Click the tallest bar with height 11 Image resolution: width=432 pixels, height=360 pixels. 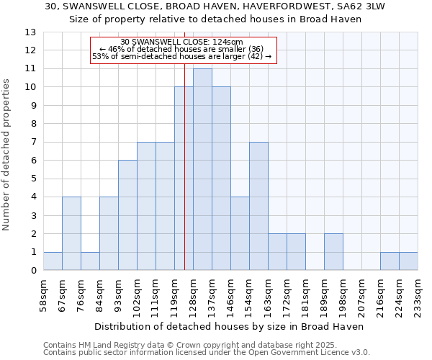(x=202, y=169)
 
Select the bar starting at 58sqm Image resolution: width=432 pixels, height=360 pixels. (x=53, y=261)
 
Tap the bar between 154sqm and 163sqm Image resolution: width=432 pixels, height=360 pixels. (x=258, y=206)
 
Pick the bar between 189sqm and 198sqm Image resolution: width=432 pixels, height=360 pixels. (x=333, y=252)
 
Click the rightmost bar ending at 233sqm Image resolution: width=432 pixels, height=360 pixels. (x=408, y=261)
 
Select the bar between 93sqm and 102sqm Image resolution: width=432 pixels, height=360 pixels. (x=127, y=215)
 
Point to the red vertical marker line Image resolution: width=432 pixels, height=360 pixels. (x=184, y=173)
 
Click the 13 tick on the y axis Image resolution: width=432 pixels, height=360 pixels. (x=30, y=32)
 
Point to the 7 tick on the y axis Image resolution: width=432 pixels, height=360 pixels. (x=33, y=143)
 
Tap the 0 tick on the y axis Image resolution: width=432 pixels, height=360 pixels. (x=33, y=271)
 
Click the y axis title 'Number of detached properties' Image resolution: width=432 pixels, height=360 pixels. (x=7, y=165)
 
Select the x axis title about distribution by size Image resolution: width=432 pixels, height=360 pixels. (x=229, y=326)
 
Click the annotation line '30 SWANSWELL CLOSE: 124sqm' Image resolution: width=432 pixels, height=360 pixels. (x=182, y=42)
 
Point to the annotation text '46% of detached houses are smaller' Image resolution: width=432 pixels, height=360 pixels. (x=182, y=49)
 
